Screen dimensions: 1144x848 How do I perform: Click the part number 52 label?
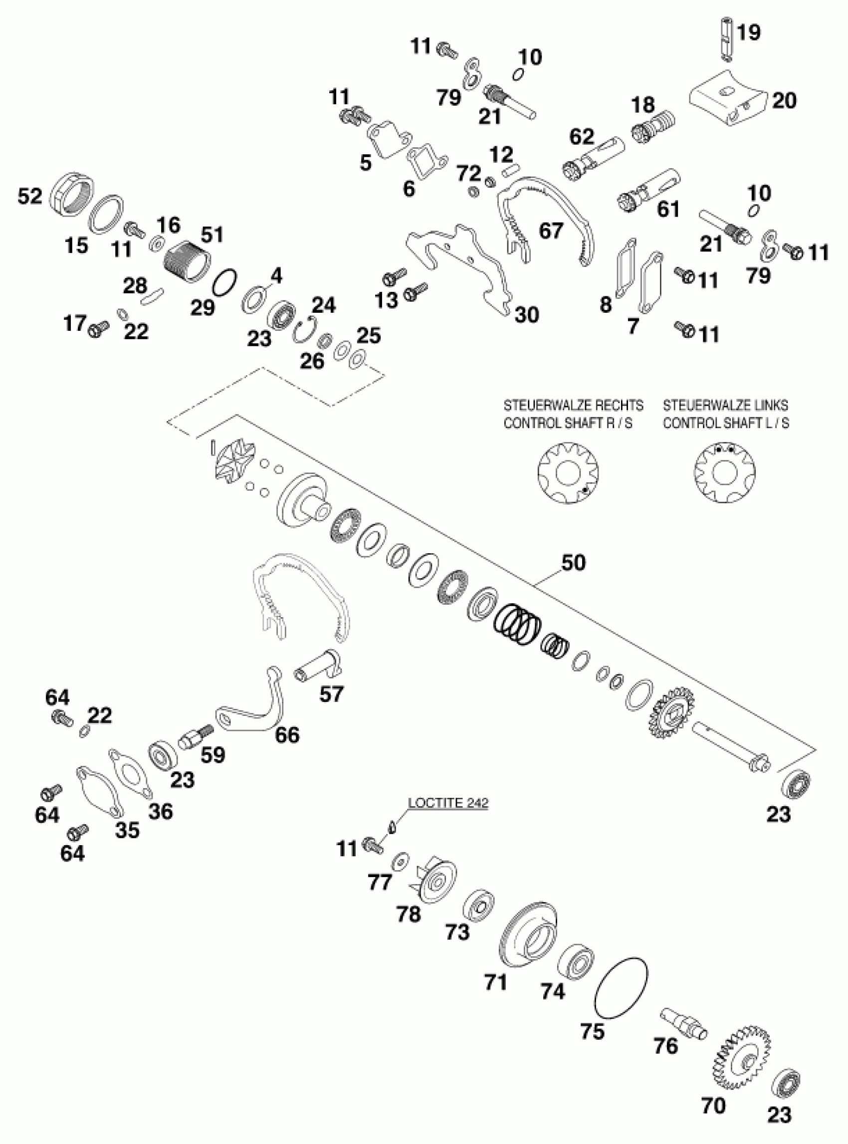[x=30, y=196]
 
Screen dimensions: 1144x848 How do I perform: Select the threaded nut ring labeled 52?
[x=72, y=194]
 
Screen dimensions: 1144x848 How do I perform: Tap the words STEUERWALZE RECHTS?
[x=573, y=405]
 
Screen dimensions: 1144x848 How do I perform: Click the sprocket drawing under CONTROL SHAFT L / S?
[x=724, y=471]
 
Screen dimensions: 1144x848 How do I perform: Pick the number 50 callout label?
[x=573, y=563]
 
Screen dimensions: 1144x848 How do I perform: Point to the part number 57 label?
[x=331, y=694]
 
